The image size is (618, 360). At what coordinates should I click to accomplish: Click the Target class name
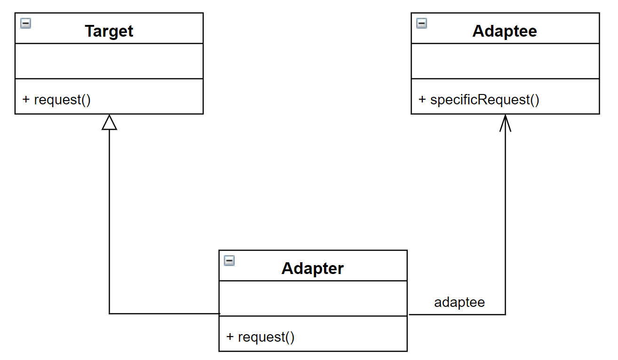coord(109,31)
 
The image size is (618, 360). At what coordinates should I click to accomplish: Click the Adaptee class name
coord(505,31)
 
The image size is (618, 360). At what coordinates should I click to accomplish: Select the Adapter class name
coord(313,268)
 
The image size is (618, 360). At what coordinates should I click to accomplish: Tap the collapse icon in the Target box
coord(26,23)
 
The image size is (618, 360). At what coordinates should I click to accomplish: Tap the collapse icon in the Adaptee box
coord(421,23)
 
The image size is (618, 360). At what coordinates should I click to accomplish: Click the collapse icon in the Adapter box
coord(229,261)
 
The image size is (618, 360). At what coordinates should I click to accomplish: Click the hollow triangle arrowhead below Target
coord(109,122)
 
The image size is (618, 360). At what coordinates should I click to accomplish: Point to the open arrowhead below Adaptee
coord(505,123)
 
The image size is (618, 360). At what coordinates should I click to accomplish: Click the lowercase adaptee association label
coord(460,303)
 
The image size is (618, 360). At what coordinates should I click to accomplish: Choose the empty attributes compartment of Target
coord(109,61)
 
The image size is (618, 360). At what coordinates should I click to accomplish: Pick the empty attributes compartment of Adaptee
coord(505,61)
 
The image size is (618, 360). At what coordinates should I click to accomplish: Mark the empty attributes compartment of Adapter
coord(313,298)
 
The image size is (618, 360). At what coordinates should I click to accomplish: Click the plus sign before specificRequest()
coord(422,99)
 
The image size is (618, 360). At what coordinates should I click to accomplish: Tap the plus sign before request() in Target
coord(26,99)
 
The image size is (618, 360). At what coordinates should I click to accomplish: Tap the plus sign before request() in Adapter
coord(230,337)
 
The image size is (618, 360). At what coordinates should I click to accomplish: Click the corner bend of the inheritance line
coord(109,313)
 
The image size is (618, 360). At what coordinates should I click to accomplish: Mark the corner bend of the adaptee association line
coord(505,314)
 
